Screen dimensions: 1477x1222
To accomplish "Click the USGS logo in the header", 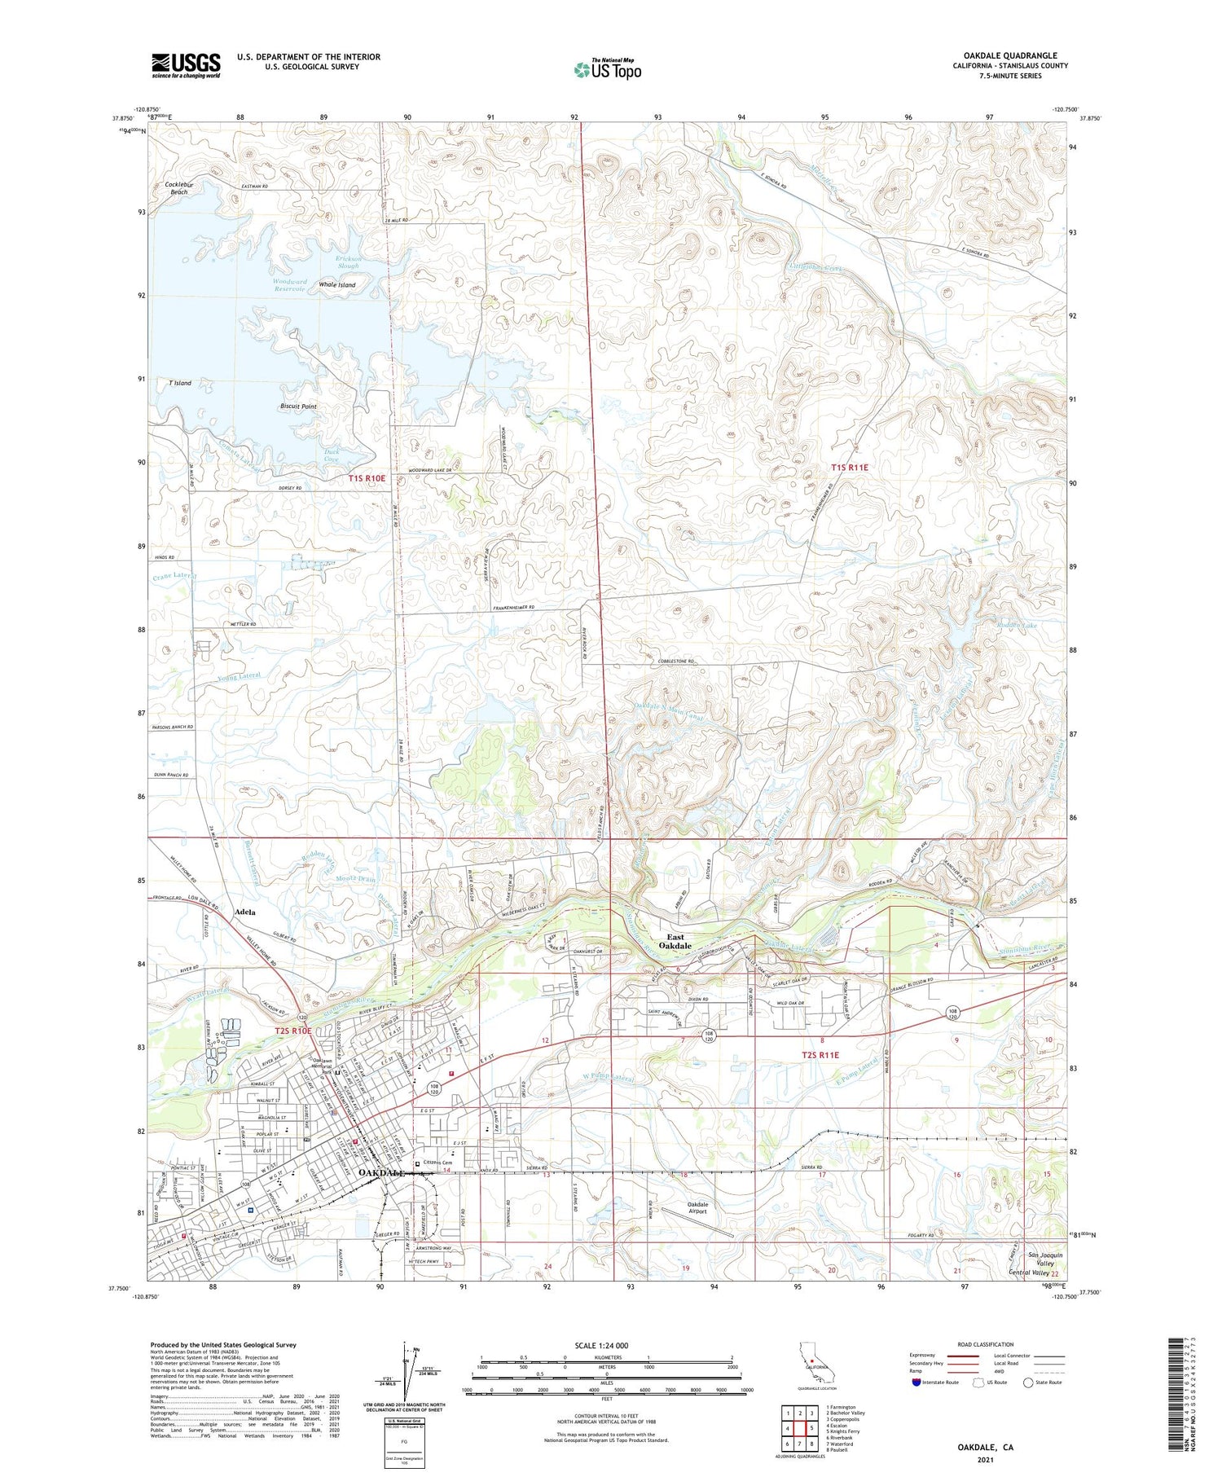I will (x=186, y=65).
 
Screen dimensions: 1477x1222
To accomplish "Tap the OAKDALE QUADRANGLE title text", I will (x=1009, y=55).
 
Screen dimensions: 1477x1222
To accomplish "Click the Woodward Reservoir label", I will (x=289, y=284).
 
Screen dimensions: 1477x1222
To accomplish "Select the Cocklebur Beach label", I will (x=177, y=188).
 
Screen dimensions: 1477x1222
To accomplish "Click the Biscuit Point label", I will (x=298, y=406).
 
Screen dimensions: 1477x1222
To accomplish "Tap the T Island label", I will (x=180, y=383).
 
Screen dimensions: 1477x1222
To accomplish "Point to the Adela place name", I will (x=245, y=912).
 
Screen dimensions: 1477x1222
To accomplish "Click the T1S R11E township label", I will (x=849, y=468).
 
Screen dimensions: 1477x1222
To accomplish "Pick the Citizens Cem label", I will (x=437, y=1163).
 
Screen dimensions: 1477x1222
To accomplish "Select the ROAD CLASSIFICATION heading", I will (x=986, y=1344).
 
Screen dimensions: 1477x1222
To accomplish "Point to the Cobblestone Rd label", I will (x=675, y=662).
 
